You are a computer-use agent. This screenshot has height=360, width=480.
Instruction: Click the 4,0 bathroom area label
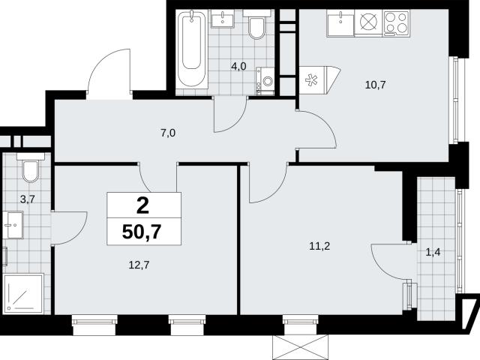tap(238, 66)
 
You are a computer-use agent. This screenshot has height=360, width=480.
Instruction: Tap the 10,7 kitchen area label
tap(375, 85)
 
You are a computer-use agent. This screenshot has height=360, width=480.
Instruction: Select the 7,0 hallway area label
tap(168, 133)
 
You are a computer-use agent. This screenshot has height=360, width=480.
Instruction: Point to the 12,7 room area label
tap(139, 265)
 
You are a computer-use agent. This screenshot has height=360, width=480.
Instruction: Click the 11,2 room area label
tap(319, 246)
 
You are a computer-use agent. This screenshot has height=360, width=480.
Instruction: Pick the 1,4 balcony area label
tap(433, 252)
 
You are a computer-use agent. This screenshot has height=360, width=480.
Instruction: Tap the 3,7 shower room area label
tap(28, 199)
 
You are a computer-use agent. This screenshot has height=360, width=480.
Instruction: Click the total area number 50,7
tap(142, 232)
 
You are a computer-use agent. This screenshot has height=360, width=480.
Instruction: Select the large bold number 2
tap(142, 205)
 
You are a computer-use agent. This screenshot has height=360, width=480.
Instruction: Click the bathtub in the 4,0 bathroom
tap(192, 48)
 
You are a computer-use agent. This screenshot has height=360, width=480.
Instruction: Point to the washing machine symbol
tap(265, 81)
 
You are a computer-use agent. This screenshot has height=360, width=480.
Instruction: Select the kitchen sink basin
tap(340, 22)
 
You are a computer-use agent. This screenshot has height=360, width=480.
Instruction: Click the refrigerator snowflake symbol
tap(311, 80)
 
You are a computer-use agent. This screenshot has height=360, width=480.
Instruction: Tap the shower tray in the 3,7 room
tap(23, 293)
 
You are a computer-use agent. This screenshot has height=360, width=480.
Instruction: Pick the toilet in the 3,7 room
tap(31, 168)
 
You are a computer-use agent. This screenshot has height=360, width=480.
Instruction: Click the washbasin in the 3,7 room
tap(13, 225)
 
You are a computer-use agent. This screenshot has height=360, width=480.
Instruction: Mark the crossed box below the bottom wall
tap(300, 347)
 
